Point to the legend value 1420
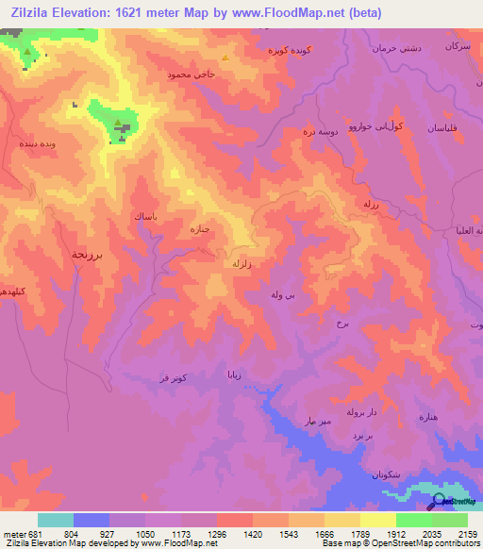click(253, 534)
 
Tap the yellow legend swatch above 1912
click(377, 520)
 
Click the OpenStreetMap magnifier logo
click(438, 501)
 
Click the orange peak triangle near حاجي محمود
click(225, 57)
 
